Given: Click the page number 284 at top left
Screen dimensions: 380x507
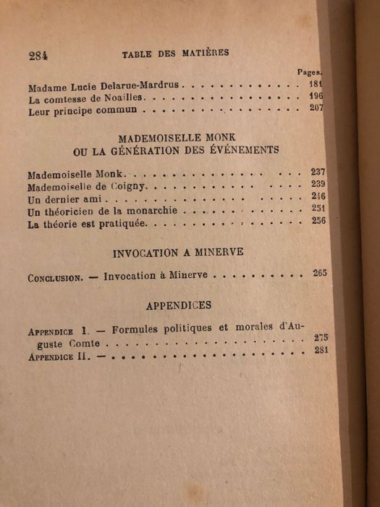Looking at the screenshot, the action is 38,56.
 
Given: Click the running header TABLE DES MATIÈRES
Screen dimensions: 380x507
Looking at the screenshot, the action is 175,53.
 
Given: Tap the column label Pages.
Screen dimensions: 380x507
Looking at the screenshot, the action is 310,72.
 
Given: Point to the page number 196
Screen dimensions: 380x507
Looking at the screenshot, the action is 315,96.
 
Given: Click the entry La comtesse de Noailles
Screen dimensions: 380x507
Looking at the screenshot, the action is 77,99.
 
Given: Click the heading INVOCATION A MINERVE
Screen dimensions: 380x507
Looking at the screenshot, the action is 178,254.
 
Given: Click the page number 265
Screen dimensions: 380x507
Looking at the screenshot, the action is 320,273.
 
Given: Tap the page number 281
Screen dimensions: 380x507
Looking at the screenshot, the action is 322,351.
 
